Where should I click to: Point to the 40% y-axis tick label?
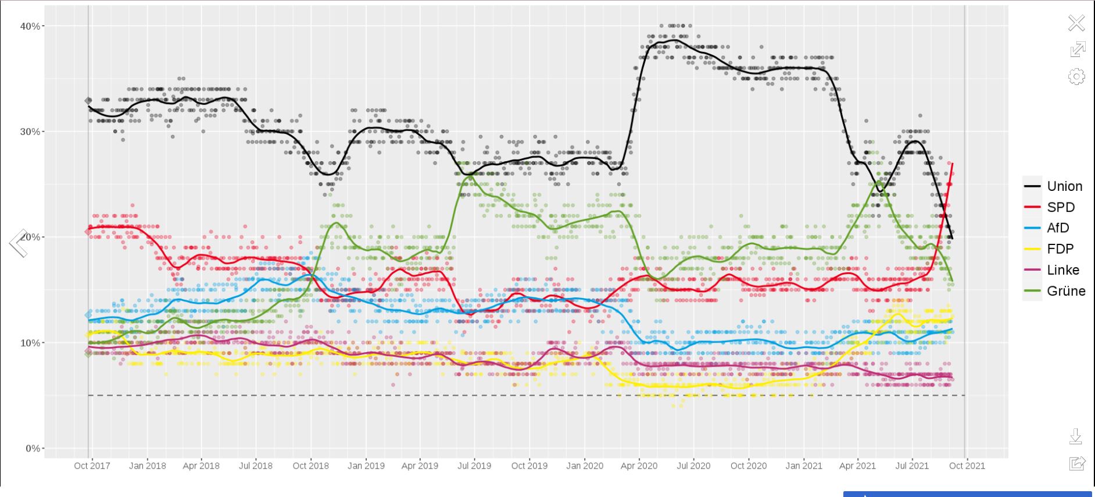[30, 26]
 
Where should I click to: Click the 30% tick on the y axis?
[30, 132]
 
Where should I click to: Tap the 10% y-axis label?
[30, 343]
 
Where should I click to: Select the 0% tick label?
[33, 448]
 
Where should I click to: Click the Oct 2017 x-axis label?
[92, 466]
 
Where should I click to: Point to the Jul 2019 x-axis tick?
[474, 466]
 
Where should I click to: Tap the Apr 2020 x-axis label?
[639, 466]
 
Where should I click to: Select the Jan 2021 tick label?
[803, 466]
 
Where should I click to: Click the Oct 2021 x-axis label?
[967, 466]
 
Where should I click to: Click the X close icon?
[1076, 23]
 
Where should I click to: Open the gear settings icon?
[1076, 76]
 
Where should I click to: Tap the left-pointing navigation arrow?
[18, 243]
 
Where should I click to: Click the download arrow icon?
[1076, 436]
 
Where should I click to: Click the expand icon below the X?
[1077, 49]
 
